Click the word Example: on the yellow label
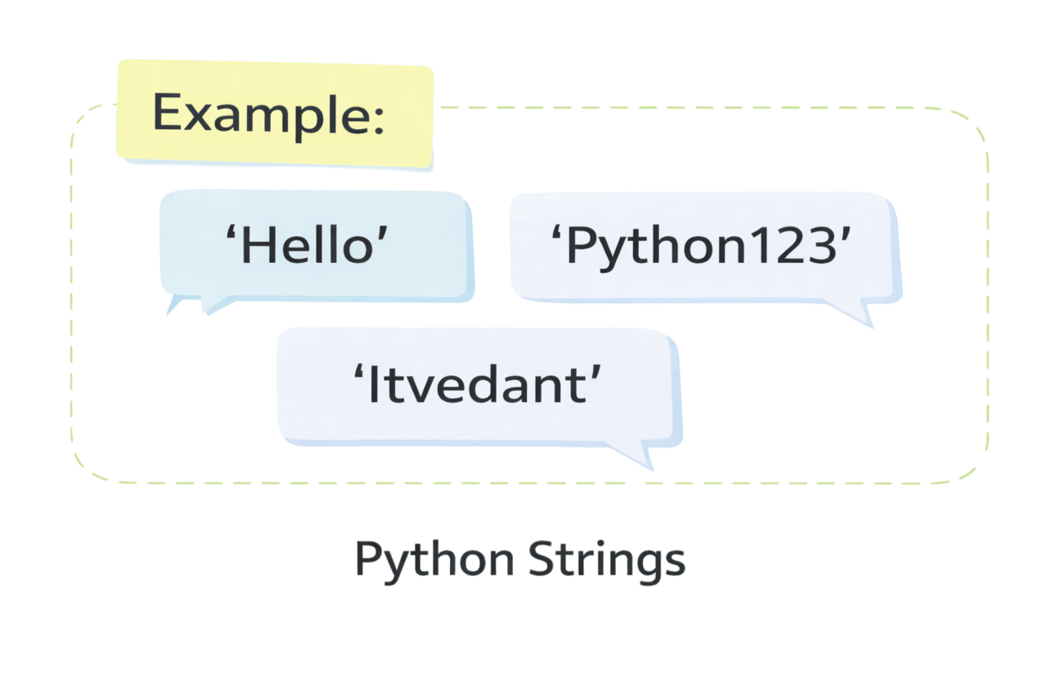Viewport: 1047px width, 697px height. pyautogui.click(x=267, y=114)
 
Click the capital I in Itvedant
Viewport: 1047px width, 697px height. pyautogui.click(x=374, y=384)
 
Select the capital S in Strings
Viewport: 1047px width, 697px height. pyautogui.click(x=541, y=560)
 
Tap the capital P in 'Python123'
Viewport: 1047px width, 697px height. pyautogui.click(x=582, y=245)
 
